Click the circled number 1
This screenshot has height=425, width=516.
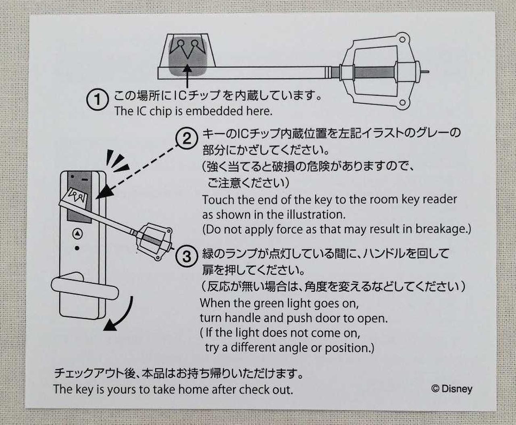[97, 100]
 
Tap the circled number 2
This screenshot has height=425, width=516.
[187, 139]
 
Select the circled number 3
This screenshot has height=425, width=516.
[187, 256]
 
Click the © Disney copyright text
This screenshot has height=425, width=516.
[452, 388]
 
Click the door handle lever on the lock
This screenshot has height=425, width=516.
[85, 288]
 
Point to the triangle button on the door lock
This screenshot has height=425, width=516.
[78, 233]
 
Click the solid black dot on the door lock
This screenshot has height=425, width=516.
[77, 248]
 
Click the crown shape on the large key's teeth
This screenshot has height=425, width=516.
[187, 48]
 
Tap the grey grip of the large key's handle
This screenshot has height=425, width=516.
[375, 72]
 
